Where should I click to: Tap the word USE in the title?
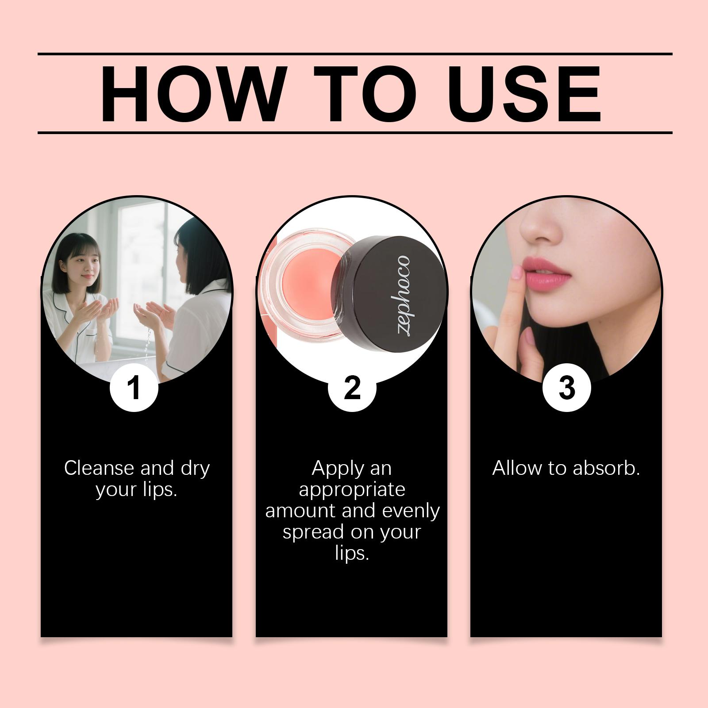(x=527, y=94)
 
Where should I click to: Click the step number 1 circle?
(x=134, y=388)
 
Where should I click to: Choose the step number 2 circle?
(x=352, y=388)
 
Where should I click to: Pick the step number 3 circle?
(x=566, y=388)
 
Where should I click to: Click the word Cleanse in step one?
(x=99, y=468)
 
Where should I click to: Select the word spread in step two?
(x=307, y=533)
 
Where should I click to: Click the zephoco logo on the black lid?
(x=403, y=296)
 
